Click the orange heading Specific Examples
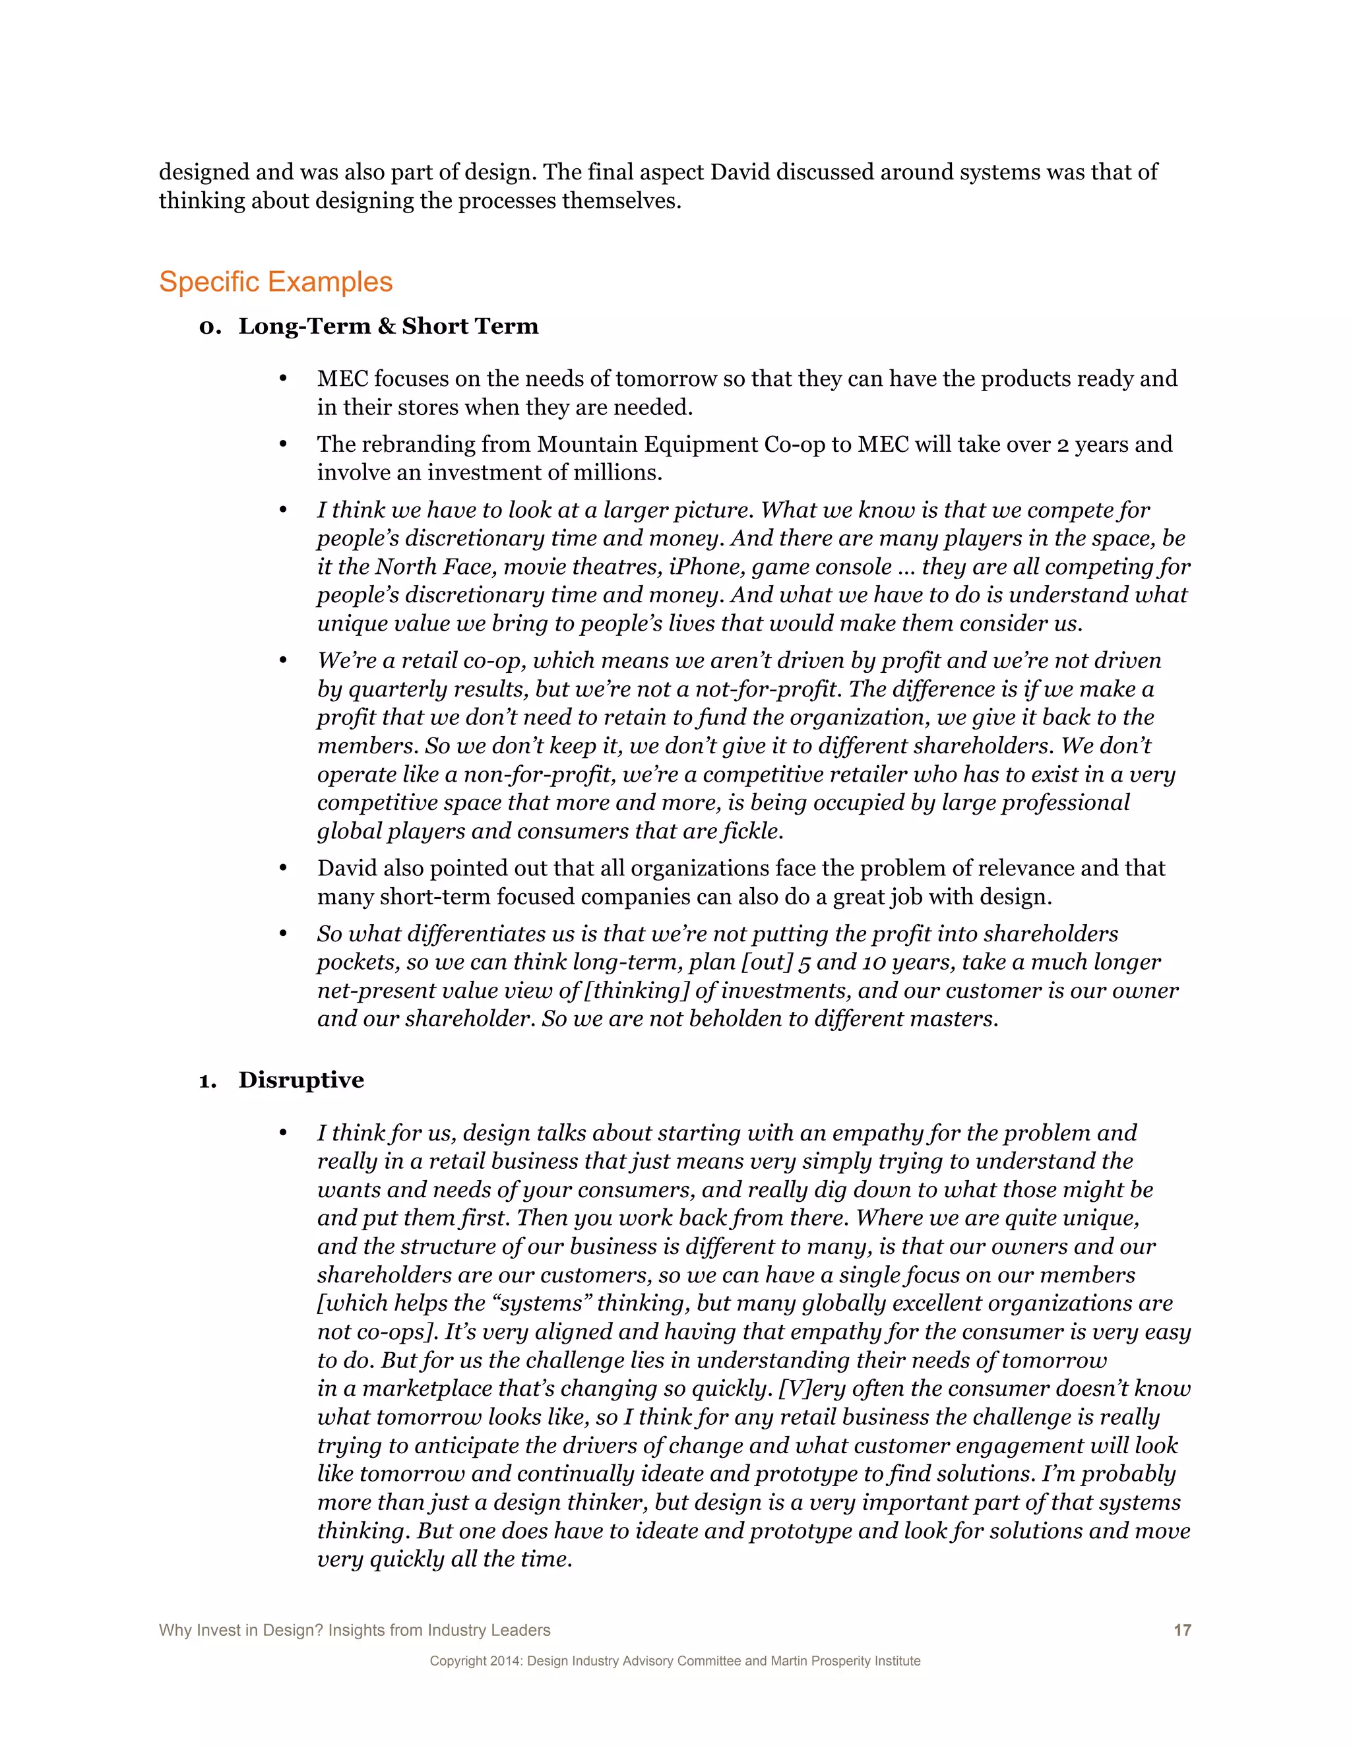tap(275, 282)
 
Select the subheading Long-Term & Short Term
tap(388, 327)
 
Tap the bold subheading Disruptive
tap(301, 1080)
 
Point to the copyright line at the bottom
tap(675, 1661)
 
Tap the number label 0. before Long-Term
tap(209, 327)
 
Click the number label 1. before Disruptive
tap(207, 1081)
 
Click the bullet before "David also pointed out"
tap(282, 869)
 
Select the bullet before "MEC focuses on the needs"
tap(282, 379)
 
